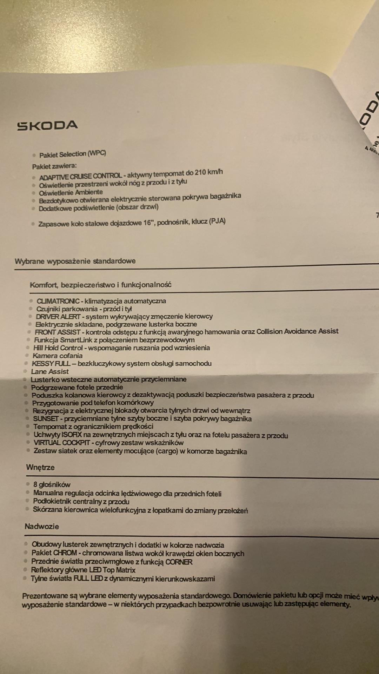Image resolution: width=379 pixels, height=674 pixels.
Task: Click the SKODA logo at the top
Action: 48,126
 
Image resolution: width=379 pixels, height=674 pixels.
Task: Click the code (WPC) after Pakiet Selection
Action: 97,153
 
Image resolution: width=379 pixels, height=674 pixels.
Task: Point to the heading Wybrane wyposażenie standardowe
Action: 75,261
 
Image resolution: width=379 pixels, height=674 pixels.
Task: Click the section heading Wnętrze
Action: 40,468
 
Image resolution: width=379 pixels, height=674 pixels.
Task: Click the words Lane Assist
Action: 50,371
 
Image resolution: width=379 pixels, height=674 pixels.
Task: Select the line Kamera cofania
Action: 58,356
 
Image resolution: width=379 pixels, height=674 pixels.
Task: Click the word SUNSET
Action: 46,419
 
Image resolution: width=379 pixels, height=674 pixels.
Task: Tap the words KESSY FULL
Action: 51,364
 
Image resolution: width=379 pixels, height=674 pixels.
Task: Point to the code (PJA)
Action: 217,222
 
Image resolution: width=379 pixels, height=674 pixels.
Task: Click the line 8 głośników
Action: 52,485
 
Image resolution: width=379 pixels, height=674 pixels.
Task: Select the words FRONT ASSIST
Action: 58,332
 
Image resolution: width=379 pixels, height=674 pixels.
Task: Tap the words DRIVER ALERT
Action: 58,317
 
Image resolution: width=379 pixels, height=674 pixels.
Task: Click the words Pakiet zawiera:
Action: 54,166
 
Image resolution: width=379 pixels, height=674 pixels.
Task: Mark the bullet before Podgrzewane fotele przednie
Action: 25,388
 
